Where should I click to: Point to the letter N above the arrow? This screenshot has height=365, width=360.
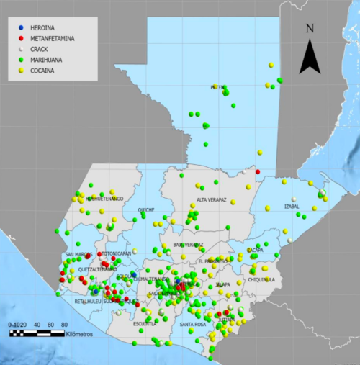pyautogui.click(x=310, y=29)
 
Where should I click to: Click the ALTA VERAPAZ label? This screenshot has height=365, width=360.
pyautogui.click(x=212, y=200)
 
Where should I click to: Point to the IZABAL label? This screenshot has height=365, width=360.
pyautogui.click(x=292, y=207)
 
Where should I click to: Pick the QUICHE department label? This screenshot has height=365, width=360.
pyautogui.click(x=146, y=210)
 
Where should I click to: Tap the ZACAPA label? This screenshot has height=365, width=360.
pyautogui.click(x=255, y=250)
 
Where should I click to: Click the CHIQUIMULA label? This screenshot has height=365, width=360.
pyautogui.click(x=262, y=279)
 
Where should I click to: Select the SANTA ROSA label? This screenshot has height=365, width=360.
pyautogui.click(x=193, y=325)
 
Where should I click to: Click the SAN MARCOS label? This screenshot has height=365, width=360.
pyautogui.click(x=78, y=254)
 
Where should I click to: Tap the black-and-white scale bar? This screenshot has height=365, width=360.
pyautogui.click(x=36, y=332)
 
